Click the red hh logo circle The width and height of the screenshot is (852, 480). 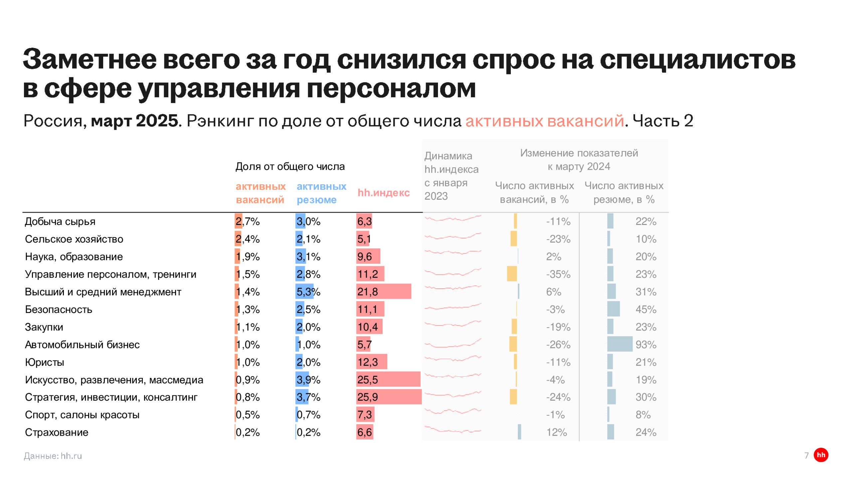click(x=821, y=455)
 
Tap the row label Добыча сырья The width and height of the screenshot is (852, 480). click(x=60, y=221)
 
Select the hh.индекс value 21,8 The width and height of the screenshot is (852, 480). click(x=367, y=292)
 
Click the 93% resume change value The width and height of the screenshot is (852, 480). click(x=646, y=344)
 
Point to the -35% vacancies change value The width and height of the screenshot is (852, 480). click(x=558, y=274)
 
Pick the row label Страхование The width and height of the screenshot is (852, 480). click(x=57, y=432)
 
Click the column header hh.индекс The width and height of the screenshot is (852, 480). click(x=383, y=193)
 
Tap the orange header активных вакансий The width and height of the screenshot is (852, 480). click(x=261, y=193)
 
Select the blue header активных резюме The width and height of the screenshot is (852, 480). click(x=321, y=193)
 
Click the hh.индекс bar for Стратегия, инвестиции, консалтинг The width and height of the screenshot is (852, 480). click(x=389, y=397)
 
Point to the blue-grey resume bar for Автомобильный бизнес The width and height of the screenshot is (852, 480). click(x=620, y=344)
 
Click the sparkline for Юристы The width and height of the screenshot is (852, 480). click(x=453, y=360)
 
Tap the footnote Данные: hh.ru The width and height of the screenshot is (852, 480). click(x=53, y=456)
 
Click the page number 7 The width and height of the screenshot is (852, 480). click(x=806, y=455)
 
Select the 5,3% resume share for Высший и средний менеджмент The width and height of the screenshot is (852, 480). click(x=308, y=292)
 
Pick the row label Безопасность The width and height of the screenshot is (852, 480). click(x=59, y=309)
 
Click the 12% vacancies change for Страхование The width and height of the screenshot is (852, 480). click(x=556, y=432)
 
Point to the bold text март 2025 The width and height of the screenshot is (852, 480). click(x=135, y=121)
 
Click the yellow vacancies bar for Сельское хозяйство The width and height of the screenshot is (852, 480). click(x=514, y=239)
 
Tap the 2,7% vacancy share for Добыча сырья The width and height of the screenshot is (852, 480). click(x=247, y=221)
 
